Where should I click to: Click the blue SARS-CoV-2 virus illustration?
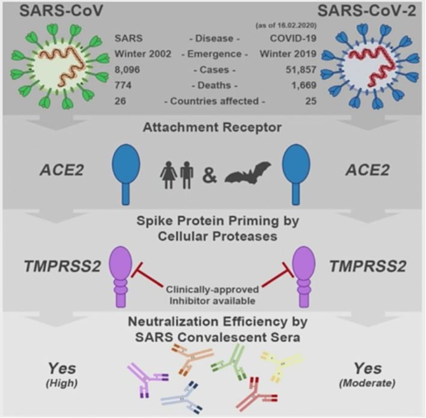[370, 66]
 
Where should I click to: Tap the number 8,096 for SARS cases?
[127, 70]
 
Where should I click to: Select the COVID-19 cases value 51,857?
[301, 70]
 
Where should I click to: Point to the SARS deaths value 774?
[123, 85]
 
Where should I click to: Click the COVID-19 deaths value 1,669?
[304, 85]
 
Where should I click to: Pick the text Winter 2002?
[143, 54]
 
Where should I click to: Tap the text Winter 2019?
[288, 54]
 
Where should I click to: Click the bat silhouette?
[248, 173]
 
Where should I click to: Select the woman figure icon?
[168, 175]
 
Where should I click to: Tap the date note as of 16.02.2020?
[286, 25]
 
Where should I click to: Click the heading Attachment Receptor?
[212, 127]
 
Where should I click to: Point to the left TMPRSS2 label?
[63, 266]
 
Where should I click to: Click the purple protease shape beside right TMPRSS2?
[304, 277]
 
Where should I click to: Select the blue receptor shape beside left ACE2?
[126, 174]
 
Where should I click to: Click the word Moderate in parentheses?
[367, 383]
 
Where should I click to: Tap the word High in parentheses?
[61, 383]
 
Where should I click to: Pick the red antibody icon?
[256, 394]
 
